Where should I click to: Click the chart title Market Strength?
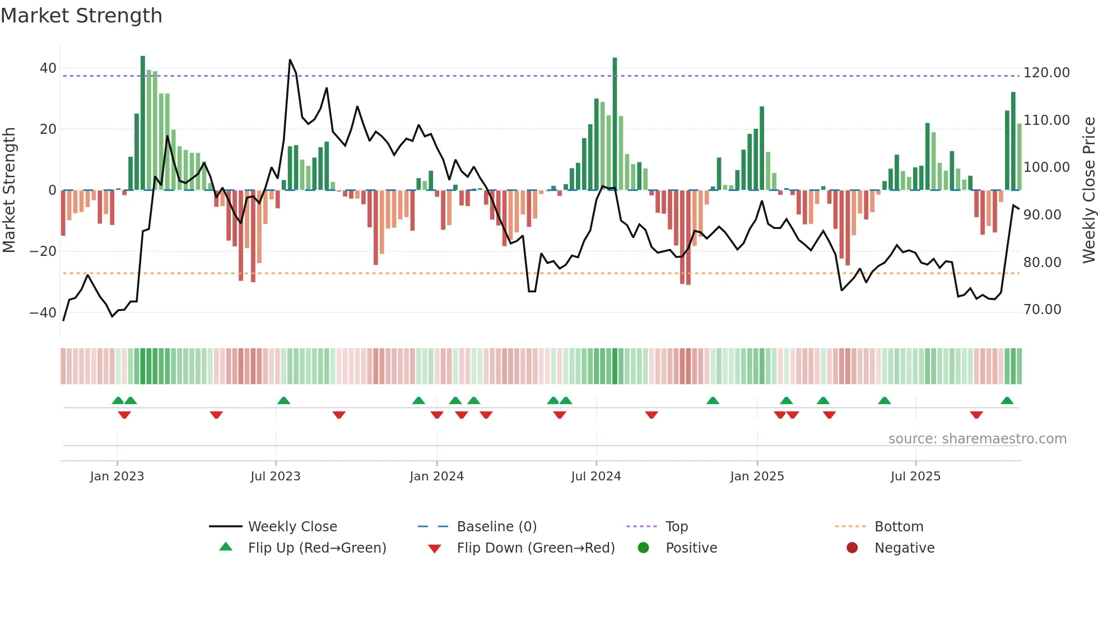(81, 16)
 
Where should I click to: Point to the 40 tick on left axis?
(48, 68)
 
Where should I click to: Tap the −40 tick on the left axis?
(43, 312)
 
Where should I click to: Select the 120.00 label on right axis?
(1046, 73)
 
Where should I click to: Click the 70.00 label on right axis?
(1042, 310)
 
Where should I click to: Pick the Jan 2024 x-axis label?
(436, 476)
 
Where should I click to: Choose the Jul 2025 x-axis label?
(915, 476)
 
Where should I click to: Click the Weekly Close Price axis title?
(1088, 190)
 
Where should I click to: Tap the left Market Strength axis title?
(9, 190)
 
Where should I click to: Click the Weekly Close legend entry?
(292, 527)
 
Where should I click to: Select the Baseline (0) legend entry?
(496, 527)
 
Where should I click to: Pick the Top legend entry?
(676, 527)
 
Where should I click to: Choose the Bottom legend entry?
(899, 527)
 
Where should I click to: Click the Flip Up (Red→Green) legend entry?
(317, 548)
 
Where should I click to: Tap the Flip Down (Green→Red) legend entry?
(535, 548)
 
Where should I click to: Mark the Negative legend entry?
(904, 548)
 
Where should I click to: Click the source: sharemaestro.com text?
(977, 439)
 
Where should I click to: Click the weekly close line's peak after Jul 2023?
(290, 60)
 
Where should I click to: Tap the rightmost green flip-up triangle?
(1007, 400)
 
